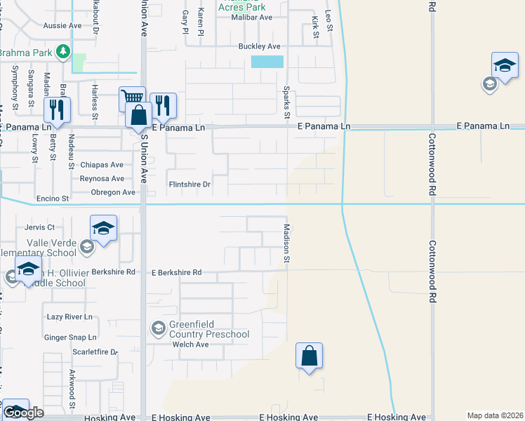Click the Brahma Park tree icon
pos(63,51)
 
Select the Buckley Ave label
pos(259,46)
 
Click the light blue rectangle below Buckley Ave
pos(267,62)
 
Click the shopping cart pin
pos(132,98)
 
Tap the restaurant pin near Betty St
pos(57,110)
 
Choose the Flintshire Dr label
pos(190,185)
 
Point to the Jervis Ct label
pos(39,227)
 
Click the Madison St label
pos(286,243)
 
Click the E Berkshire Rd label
pos(176,272)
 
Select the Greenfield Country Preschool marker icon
pos(158,328)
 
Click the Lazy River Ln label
pos(69,317)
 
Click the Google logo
pos(23,413)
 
